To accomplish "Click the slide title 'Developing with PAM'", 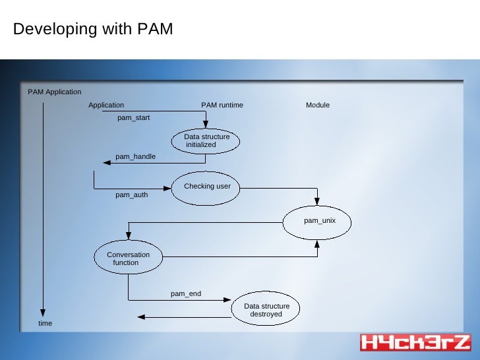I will (x=93, y=30).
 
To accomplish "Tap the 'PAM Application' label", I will (x=54, y=92).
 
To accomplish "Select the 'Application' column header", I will (x=106, y=105).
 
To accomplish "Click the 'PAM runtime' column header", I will (x=222, y=105).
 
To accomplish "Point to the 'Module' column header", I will (x=318, y=105).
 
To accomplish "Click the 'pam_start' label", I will (x=134, y=118).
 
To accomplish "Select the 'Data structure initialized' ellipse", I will (x=206, y=140).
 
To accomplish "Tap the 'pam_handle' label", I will (x=135, y=156).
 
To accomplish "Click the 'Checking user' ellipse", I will (x=206, y=186).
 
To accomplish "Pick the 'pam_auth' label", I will (x=132, y=195).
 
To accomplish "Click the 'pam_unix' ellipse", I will (x=318, y=220).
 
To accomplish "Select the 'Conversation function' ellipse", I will (x=128, y=258).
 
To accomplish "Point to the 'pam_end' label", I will (x=186, y=293).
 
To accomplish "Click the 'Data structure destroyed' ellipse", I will (x=266, y=310).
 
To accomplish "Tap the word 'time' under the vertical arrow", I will (x=45, y=323).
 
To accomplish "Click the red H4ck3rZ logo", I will (x=415, y=342).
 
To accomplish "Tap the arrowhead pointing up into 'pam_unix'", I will (x=318, y=243).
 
